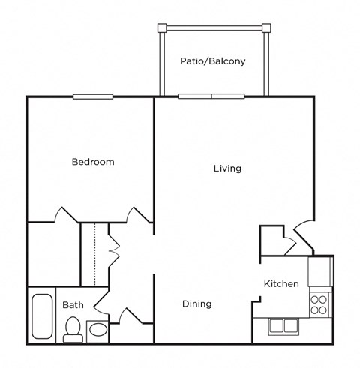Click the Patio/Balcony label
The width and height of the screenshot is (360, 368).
click(212, 61)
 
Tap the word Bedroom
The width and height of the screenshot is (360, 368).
click(93, 162)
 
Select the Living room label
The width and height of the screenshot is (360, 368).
click(227, 169)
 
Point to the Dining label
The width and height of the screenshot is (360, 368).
click(197, 304)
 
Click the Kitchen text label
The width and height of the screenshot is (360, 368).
click(281, 284)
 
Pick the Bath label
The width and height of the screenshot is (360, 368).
click(73, 305)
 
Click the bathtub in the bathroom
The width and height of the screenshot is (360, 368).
click(41, 317)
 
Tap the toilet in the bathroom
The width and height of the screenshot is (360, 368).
click(73, 328)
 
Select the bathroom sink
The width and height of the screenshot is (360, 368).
click(97, 330)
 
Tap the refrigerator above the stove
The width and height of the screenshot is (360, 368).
click(320, 271)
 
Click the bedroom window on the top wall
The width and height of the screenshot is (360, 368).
click(93, 96)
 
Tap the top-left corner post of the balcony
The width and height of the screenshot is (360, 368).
click(160, 28)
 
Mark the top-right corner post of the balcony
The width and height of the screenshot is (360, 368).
click(265, 28)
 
